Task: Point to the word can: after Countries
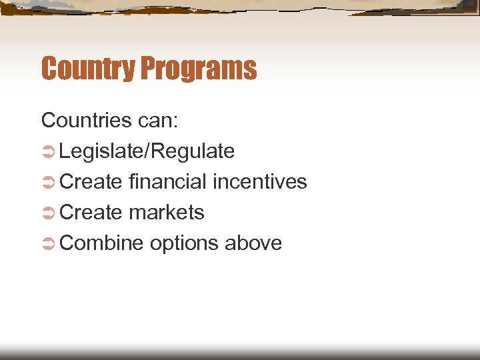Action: pos(157,121)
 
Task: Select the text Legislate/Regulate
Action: pos(147,151)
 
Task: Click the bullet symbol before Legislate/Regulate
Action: pos(47,152)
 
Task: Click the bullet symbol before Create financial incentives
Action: pos(47,183)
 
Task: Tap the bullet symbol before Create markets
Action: pos(47,213)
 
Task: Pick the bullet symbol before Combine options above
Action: pos(47,244)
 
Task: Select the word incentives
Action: pos(259,182)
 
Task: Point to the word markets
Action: pos(167,213)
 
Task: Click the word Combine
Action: pos(101,243)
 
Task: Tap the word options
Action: pos(184,244)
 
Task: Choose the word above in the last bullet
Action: pos(253,243)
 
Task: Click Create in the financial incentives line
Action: pos(91,182)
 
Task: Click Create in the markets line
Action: pos(91,213)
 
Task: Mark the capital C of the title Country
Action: pos(49,69)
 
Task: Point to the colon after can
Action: pos(175,123)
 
